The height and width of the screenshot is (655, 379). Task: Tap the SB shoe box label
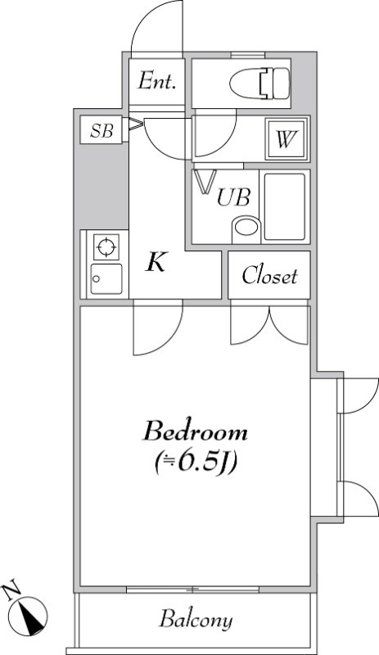click(102, 130)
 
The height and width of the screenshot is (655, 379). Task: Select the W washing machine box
click(285, 139)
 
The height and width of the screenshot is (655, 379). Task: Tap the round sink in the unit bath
click(245, 228)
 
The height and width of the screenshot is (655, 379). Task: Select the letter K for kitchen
click(157, 264)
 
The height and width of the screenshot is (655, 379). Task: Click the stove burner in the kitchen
click(106, 246)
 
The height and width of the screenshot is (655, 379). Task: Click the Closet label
click(269, 277)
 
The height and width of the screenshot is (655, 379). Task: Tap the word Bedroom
click(196, 431)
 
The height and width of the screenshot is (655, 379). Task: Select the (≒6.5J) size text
click(196, 463)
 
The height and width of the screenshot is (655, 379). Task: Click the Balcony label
click(196, 619)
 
